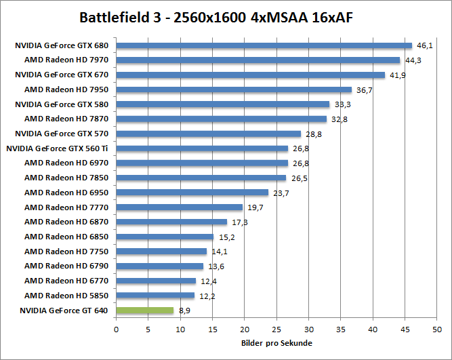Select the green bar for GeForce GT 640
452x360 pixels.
tap(145, 311)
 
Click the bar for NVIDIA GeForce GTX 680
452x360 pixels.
tap(264, 45)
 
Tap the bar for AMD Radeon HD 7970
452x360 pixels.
tap(258, 60)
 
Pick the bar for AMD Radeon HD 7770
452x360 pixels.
tap(180, 207)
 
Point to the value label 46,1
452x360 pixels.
tap(424, 45)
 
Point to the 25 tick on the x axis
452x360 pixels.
tap(276, 330)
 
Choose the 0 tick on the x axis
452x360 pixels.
tap(117, 330)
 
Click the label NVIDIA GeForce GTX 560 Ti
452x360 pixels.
tap(57, 148)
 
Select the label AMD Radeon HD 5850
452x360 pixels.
tap(66, 296)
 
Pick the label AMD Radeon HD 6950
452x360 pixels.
tap(66, 193)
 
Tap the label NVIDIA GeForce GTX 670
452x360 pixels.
tap(62, 75)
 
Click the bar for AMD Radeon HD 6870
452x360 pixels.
tap(172, 222)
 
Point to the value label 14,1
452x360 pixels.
tap(219, 252)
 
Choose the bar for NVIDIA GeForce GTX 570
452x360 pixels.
tap(209, 134)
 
